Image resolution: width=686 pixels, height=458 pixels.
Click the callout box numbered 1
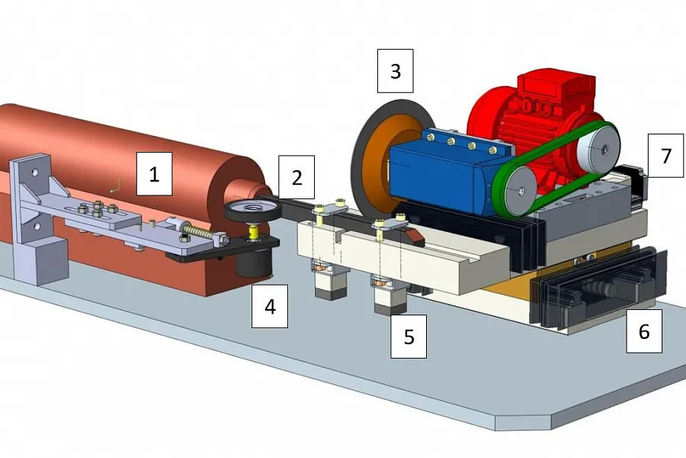coord(154,174)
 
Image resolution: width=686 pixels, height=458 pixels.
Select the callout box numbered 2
coord(297,177)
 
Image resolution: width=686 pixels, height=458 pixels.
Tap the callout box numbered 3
coord(396,71)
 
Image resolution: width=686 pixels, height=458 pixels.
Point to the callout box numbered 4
coord(270,306)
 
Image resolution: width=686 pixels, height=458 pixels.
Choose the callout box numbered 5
coord(409,336)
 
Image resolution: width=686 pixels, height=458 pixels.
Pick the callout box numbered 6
coord(644,331)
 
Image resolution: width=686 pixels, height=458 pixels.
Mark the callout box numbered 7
coord(665,156)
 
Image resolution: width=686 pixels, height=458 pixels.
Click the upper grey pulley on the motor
coord(597,149)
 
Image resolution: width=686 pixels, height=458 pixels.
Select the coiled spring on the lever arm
coord(198,232)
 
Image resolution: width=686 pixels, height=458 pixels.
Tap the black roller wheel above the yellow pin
coord(252,209)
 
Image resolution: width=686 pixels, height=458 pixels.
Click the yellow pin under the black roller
coord(252,232)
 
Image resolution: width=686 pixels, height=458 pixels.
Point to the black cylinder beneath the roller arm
coord(254,263)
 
